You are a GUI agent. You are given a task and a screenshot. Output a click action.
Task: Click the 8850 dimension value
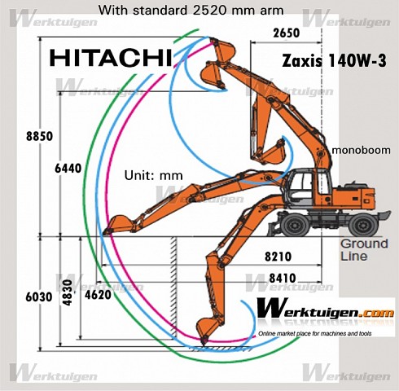tap(39, 136)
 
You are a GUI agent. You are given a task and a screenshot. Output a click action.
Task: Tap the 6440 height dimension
tap(68, 169)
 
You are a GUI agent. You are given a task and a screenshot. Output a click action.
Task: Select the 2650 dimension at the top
tap(287, 33)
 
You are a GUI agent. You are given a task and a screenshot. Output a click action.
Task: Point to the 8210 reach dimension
tap(278, 257)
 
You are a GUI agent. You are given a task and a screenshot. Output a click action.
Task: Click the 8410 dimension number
tap(283, 278)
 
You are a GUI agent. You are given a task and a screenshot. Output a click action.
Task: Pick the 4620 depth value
tap(98, 295)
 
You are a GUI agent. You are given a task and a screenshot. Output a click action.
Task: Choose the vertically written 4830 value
tap(68, 292)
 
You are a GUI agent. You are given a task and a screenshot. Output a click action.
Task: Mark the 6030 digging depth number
tap(39, 297)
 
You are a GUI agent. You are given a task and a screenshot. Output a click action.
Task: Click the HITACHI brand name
tap(111, 58)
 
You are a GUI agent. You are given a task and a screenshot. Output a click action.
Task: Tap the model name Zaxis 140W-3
tap(334, 60)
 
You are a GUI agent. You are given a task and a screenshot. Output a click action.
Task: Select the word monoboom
tap(361, 150)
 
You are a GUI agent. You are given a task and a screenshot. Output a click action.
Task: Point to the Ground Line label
tap(364, 250)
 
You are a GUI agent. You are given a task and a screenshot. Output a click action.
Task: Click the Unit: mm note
tap(154, 175)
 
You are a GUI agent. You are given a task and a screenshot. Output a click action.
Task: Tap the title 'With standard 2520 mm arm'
tap(191, 11)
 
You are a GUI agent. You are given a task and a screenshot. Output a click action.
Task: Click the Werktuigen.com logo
tap(325, 310)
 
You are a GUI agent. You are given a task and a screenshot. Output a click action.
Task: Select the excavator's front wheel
tap(294, 226)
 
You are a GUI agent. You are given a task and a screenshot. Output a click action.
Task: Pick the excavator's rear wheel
tap(363, 225)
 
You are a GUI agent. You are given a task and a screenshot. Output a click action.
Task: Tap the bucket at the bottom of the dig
tap(208, 331)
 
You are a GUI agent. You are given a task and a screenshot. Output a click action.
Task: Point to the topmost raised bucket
tap(223, 51)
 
